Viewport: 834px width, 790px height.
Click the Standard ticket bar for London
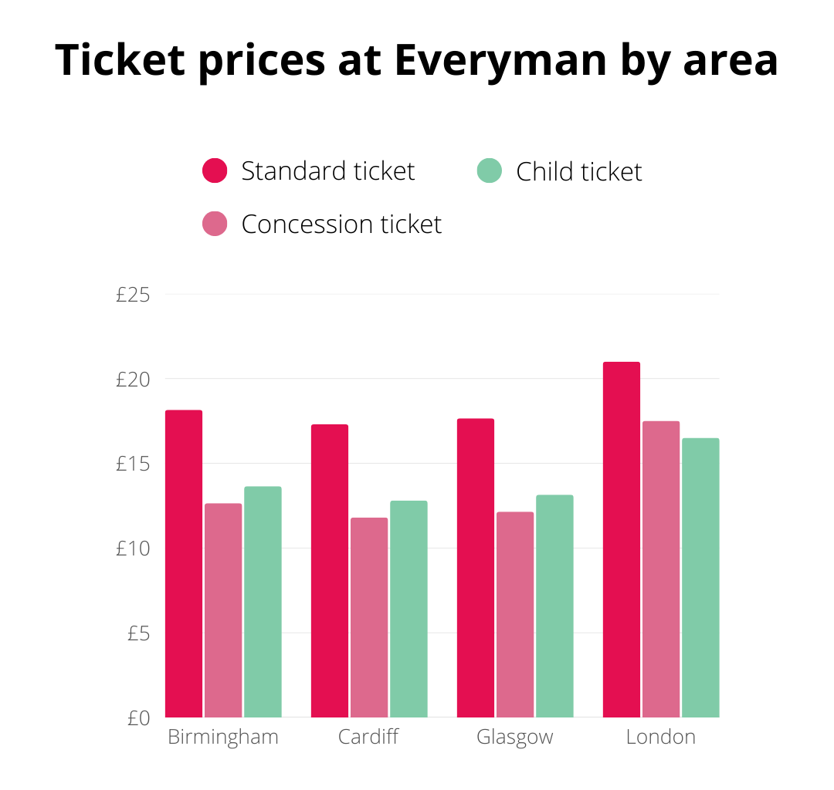[x=621, y=540]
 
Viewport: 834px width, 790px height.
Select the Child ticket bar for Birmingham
[x=263, y=602]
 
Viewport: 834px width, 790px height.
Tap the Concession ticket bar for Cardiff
[x=369, y=617]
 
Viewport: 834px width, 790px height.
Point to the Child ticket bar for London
[x=700, y=578]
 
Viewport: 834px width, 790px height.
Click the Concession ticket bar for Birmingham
[x=223, y=610]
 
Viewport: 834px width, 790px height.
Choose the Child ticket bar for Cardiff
[x=409, y=609]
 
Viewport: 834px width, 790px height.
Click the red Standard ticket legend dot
[x=215, y=170]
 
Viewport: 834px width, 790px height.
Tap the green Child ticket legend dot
[x=490, y=170]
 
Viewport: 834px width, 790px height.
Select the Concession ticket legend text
[x=341, y=225]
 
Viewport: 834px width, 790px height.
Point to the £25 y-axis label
[x=132, y=295]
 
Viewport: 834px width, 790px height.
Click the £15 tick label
[x=132, y=464]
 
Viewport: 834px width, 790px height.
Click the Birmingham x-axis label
[x=223, y=737]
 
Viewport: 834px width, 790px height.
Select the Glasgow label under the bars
[x=514, y=737]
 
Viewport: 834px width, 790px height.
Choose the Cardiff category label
[x=368, y=737]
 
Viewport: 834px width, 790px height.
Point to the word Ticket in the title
[x=120, y=60]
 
